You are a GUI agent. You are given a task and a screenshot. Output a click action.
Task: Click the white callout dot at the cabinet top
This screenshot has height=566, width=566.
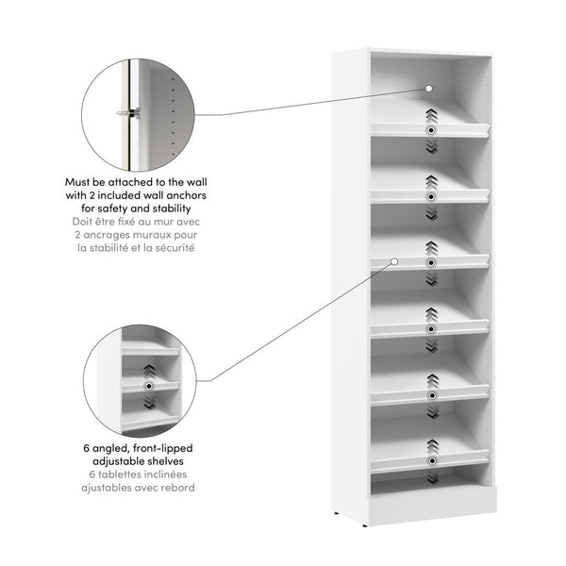pos(429,88)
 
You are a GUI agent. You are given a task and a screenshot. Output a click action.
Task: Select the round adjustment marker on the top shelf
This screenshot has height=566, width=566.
pos(431,129)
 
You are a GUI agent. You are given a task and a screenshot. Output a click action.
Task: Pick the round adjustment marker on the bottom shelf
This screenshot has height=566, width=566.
pos(431,461)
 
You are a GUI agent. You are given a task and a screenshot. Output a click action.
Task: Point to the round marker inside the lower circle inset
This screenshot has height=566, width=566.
pos(148,388)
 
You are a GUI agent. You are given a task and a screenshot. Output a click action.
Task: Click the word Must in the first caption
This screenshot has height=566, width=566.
pos(79,180)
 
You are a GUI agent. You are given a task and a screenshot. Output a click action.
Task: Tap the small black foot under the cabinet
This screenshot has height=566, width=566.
pos(339,514)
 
